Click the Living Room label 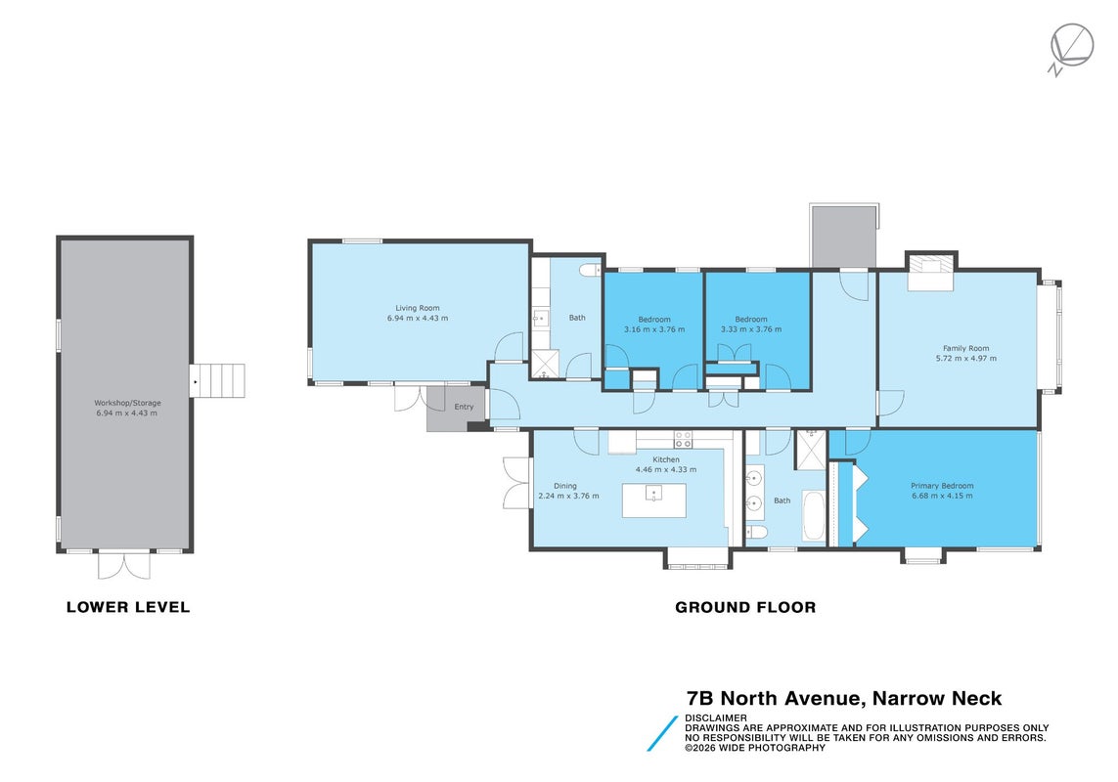pos(417,308)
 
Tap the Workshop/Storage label pos(127,403)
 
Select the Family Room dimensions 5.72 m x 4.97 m pos(966,359)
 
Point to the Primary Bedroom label pos(942,486)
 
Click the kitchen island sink pos(653,493)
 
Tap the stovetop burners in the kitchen pos(683,439)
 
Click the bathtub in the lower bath pos(814,515)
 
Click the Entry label pos(464,407)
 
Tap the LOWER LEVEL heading pos(128,607)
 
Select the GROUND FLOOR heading pos(745,607)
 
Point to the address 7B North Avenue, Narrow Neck pos(844,698)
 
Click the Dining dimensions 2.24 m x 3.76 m pos(568,497)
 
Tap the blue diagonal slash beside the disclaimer pos(662,733)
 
